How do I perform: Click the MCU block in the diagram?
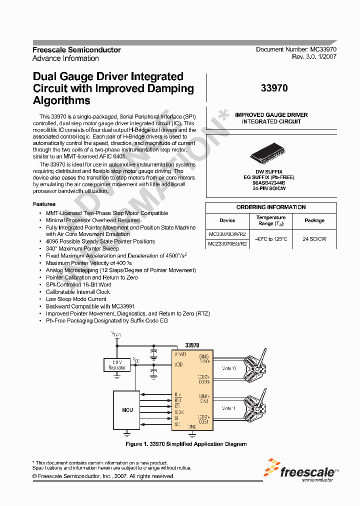pos(127,409)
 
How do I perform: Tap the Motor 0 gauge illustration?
pos(257,363)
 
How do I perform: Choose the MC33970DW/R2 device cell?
pos(227,233)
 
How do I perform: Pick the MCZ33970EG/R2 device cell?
pos(227,243)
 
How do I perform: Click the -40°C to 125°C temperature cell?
pos(271,238)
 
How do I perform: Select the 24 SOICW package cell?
pos(314,238)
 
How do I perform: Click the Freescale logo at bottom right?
pos(301,471)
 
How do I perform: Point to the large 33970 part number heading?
pos(274,88)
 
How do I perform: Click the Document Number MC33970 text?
pos(296,49)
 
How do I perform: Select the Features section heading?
pos(44,204)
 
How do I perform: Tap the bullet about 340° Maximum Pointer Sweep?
pos(82,248)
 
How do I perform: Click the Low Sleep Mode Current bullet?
pos(76,299)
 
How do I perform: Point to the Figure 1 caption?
pos(185,444)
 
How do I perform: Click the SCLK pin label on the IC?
pos(178,412)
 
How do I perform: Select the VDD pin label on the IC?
pos(178,365)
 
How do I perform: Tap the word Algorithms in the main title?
pos(61,100)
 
